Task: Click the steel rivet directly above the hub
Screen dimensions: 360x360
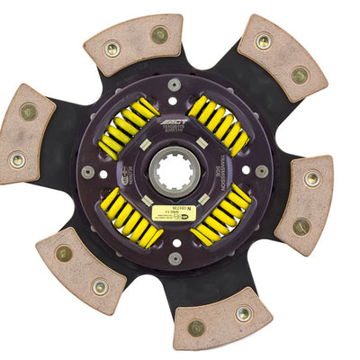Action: point(174,85)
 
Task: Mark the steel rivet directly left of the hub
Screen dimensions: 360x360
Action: point(87,172)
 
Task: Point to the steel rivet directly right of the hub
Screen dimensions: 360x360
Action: point(261,171)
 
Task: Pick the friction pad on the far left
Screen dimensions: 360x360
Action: point(24,136)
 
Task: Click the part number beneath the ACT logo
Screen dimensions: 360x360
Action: point(175,131)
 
